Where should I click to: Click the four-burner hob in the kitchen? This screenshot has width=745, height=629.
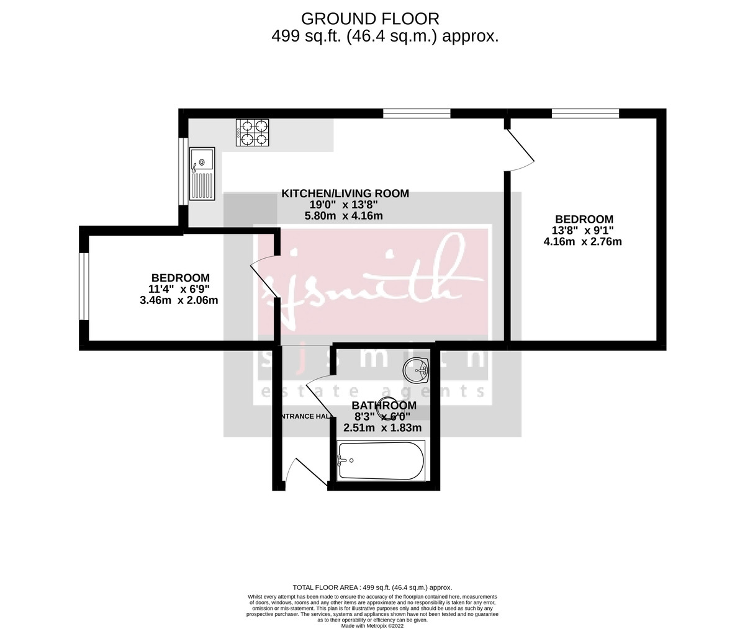coord(253,133)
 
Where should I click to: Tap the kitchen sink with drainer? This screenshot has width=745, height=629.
coord(202,174)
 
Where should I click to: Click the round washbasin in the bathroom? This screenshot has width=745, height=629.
coord(416,371)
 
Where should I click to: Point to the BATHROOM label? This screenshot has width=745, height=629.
coord(384,406)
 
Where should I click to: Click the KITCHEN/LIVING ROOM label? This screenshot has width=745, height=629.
coord(345,194)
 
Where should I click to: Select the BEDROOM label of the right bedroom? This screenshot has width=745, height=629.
coord(584,219)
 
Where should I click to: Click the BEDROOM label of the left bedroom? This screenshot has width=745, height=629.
coord(180,278)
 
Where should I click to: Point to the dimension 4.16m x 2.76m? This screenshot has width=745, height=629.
coord(582,242)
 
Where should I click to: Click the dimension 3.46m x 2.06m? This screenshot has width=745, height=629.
coord(179,301)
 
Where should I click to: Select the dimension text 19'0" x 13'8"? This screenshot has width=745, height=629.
coord(343,205)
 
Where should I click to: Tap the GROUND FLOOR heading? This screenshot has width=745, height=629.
coord(370,19)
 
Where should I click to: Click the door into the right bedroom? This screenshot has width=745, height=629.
coord(520,149)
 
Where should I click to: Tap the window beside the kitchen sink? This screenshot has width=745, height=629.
coord(183,171)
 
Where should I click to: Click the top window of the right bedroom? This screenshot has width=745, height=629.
coord(585,113)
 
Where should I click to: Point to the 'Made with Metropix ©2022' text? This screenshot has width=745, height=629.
coord(372,625)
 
